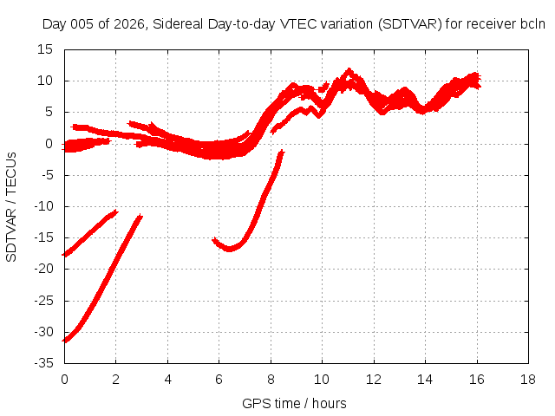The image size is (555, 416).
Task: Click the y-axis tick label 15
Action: tap(45, 49)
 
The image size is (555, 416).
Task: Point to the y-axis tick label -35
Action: tap(44, 363)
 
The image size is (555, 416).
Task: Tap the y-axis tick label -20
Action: tap(44, 269)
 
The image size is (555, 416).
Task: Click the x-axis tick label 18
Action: tap(528, 380)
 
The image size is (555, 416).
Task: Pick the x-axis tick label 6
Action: tap(219, 380)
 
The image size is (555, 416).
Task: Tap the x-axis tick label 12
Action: tap(373, 380)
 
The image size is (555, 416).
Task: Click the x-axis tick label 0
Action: tap(64, 380)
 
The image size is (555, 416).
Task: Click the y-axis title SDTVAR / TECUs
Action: tap(11, 207)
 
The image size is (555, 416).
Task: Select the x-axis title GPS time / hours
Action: tap(294, 404)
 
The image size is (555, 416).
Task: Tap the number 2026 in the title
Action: tap(129, 24)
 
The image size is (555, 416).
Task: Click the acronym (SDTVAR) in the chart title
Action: tap(410, 24)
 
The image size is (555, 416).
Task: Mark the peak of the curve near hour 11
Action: tap(349, 69)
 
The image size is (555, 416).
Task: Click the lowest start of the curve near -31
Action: tap(64, 341)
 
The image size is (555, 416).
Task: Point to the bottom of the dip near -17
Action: tap(229, 250)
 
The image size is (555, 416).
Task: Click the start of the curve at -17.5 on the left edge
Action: tap(64, 254)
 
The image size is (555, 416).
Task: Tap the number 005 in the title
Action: tap(82, 24)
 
